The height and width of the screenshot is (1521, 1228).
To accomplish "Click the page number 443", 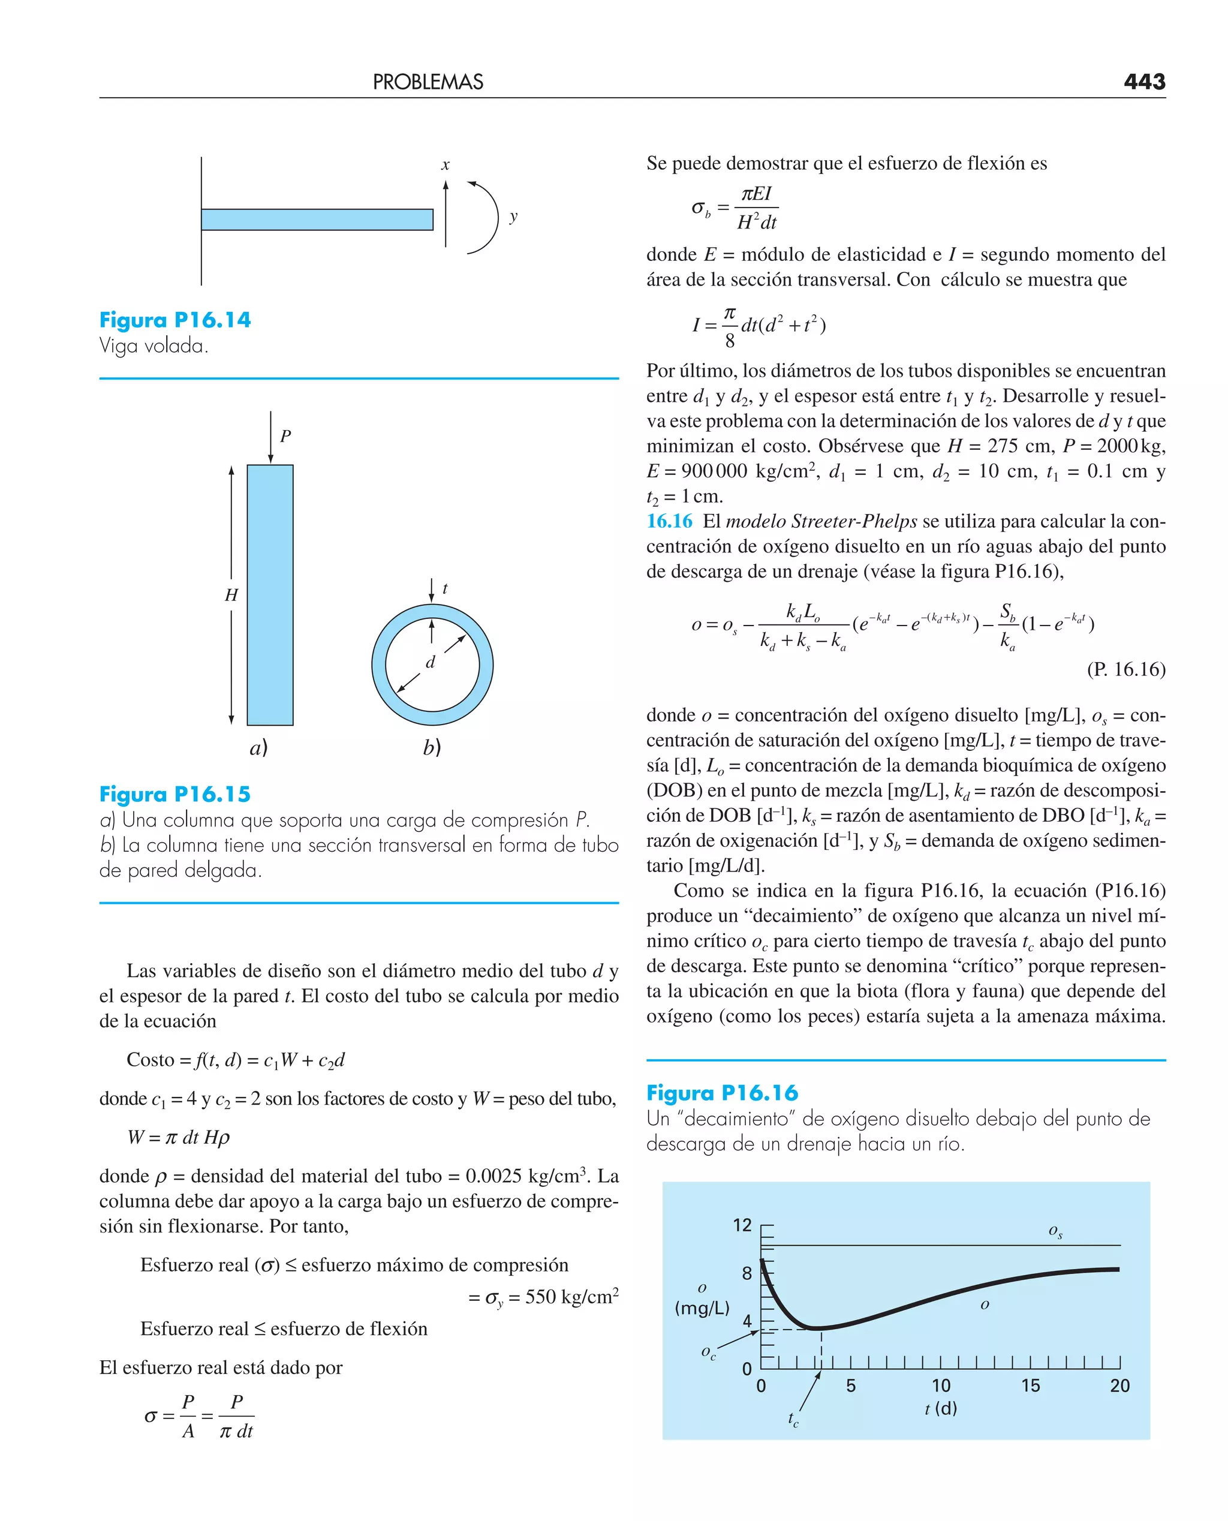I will pos(1144,82).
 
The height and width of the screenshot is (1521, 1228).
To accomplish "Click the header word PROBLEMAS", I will pos(428,82).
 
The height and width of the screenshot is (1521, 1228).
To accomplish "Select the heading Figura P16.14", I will pos(174,320).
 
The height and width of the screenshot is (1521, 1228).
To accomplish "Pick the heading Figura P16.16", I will pos(721,1093).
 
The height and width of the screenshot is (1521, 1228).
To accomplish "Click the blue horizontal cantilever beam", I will pos(317,220).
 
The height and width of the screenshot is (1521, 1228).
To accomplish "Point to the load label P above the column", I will pos(285,436).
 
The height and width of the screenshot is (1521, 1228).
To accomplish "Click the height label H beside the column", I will pos(231,595).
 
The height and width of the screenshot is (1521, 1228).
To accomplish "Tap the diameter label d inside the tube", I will pos(430,662).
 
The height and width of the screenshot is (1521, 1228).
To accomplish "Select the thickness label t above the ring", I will pos(444,588).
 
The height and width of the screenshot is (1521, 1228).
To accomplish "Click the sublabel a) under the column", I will pos(259,748).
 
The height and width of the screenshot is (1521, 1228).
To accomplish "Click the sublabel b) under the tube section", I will pos(432,748).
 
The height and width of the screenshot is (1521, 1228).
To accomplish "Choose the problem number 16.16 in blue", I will pos(669,521).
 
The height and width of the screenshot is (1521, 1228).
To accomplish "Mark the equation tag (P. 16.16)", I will pos(1125,669).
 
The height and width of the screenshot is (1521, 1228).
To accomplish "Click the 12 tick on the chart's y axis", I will pos(742,1225).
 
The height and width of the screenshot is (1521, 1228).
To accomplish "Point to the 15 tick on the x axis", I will pos(1030,1386).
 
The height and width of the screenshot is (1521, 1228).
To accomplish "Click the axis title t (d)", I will pos(941,1408).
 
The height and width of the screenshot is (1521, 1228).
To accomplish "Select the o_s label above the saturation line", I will pos(1055,1232).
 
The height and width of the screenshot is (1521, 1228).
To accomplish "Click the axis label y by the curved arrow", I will pos(513,217).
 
